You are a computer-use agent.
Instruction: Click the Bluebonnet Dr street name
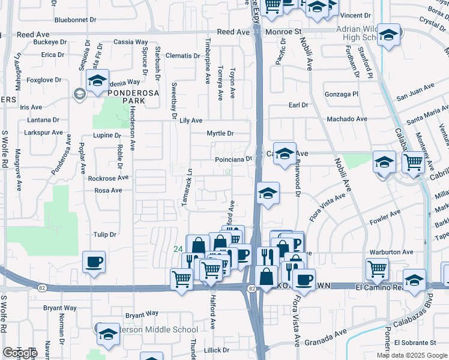click(x=75, y=20)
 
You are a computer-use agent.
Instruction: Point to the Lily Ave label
click(x=191, y=121)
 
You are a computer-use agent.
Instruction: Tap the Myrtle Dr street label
click(x=220, y=133)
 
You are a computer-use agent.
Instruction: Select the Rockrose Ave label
click(x=108, y=178)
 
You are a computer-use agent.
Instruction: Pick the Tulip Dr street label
click(x=104, y=234)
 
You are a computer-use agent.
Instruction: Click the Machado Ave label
click(x=346, y=119)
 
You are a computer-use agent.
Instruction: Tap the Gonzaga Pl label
click(x=341, y=94)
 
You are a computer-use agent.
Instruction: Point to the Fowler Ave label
click(x=387, y=215)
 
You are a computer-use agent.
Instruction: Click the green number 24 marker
click(x=178, y=249)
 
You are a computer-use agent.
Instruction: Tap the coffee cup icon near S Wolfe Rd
click(x=94, y=263)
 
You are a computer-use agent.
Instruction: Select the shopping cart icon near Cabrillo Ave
click(x=413, y=162)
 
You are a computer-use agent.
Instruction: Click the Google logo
click(x=20, y=353)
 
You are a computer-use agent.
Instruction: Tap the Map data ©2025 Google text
click(x=412, y=355)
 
